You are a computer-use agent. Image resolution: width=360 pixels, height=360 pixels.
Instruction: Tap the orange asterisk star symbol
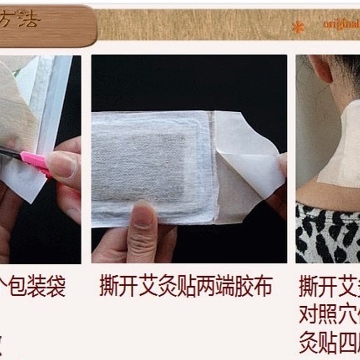298,28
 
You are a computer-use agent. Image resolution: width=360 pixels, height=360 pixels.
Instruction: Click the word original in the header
341,24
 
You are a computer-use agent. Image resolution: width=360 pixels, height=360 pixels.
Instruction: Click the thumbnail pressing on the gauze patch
142,214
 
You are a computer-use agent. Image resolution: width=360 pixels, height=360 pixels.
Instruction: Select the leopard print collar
328,233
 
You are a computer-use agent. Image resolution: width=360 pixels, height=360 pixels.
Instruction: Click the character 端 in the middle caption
232,287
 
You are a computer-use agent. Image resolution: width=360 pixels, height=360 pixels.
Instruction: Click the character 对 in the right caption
309,314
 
